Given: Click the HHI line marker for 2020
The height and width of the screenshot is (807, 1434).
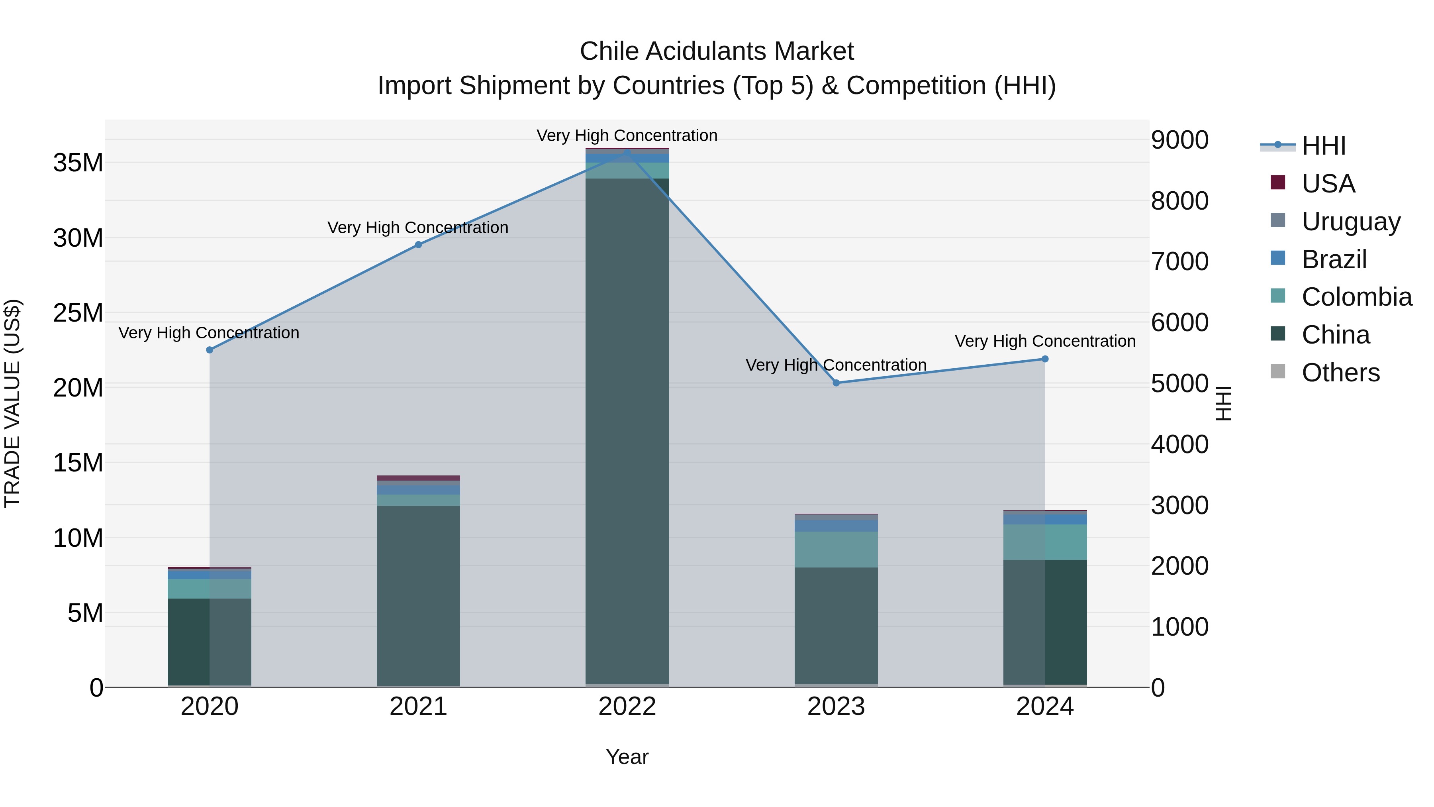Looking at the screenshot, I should [x=209, y=350].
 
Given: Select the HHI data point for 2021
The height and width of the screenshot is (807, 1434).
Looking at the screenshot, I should [x=419, y=245].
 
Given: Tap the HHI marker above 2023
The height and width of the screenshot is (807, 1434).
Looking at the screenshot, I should [x=836, y=383].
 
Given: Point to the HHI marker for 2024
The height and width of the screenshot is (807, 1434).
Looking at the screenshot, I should [x=1045, y=359].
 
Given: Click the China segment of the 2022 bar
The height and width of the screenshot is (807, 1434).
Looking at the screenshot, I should [x=627, y=429].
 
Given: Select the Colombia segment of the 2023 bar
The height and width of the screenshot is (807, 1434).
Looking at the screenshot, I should [x=836, y=549].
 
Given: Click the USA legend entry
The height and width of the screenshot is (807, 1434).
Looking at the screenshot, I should [x=1328, y=184].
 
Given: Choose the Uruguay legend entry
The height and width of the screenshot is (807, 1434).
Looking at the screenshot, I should [x=1350, y=222].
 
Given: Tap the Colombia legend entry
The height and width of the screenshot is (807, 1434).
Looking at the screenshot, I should [x=1356, y=297].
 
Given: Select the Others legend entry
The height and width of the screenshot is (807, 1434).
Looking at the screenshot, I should [x=1340, y=373].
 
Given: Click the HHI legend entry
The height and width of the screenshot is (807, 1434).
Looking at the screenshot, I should [x=1323, y=146].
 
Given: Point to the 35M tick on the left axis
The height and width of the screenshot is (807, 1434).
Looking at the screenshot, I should [x=78, y=163].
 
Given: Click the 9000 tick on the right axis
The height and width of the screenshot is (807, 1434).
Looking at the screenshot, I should [x=1179, y=140].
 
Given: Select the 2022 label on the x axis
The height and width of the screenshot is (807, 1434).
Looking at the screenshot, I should [x=627, y=707].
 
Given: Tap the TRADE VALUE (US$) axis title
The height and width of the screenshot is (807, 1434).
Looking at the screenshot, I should [x=12, y=403].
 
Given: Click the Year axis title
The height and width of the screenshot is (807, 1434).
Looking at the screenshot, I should [x=627, y=757].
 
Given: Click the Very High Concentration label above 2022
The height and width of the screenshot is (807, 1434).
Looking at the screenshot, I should [x=627, y=135].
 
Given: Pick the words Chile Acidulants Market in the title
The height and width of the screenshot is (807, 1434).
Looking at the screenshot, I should [x=717, y=51].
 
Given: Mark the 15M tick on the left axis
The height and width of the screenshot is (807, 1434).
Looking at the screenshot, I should [x=78, y=463].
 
